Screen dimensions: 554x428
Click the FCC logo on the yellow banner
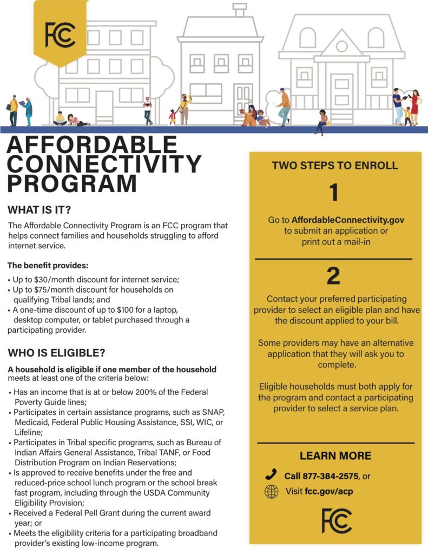(60, 35)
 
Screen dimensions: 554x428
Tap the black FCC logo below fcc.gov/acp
(336, 520)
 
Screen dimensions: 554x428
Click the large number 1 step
(334, 193)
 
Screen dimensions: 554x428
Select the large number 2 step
(333, 276)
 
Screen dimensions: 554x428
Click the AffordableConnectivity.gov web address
(348, 220)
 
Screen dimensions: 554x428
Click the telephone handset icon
(271, 475)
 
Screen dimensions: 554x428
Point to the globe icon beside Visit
(271, 492)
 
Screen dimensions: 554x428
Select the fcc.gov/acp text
(328, 492)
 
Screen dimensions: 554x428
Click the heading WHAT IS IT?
(39, 209)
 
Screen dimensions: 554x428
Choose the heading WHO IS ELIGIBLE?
(56, 353)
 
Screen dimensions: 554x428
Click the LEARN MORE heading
(335, 456)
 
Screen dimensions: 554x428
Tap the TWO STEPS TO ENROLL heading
(335, 166)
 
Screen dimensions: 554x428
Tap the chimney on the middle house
(239, 10)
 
